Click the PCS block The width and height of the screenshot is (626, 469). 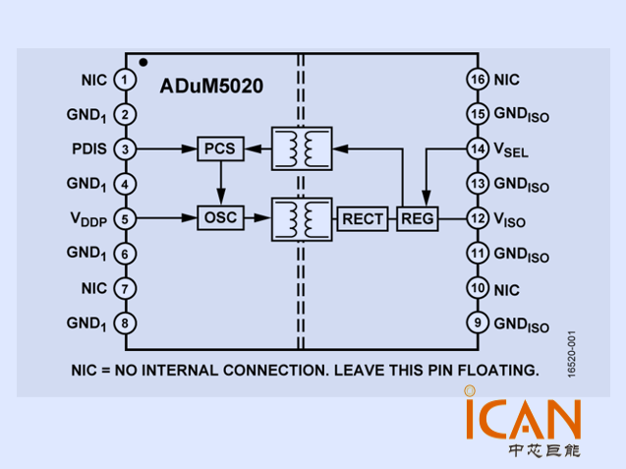coord(220,149)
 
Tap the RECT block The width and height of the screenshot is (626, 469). coord(363,218)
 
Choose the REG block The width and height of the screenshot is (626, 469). coord(419,218)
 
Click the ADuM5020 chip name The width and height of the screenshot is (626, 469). coord(211,86)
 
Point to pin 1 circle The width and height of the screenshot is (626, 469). coord(125,79)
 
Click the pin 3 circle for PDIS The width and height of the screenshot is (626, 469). coord(125,149)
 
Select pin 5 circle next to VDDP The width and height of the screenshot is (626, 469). coord(125,218)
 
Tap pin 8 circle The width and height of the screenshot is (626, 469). coord(125,322)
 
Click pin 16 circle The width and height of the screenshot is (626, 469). coord(477,79)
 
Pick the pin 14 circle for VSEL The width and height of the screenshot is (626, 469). coord(477,149)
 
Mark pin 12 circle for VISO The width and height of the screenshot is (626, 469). coord(477,218)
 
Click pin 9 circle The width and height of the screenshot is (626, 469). coord(477,322)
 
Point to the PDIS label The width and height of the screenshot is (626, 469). coord(90,149)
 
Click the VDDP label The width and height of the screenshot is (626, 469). coord(86,219)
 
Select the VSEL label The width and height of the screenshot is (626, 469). coord(510,150)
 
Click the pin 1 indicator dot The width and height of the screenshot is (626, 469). coord(143,62)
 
